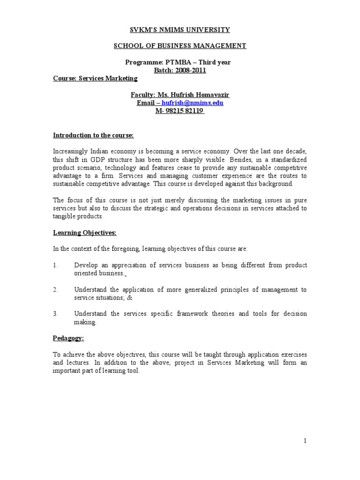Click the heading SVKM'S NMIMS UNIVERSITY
tap(180, 30)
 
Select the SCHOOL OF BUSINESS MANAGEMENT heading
tap(180, 46)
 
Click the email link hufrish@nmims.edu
tap(193, 103)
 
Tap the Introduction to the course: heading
tap(93, 135)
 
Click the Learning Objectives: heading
tap(84, 232)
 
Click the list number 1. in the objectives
tap(56, 265)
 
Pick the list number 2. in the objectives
tap(56, 290)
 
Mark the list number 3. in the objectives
tap(56, 314)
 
